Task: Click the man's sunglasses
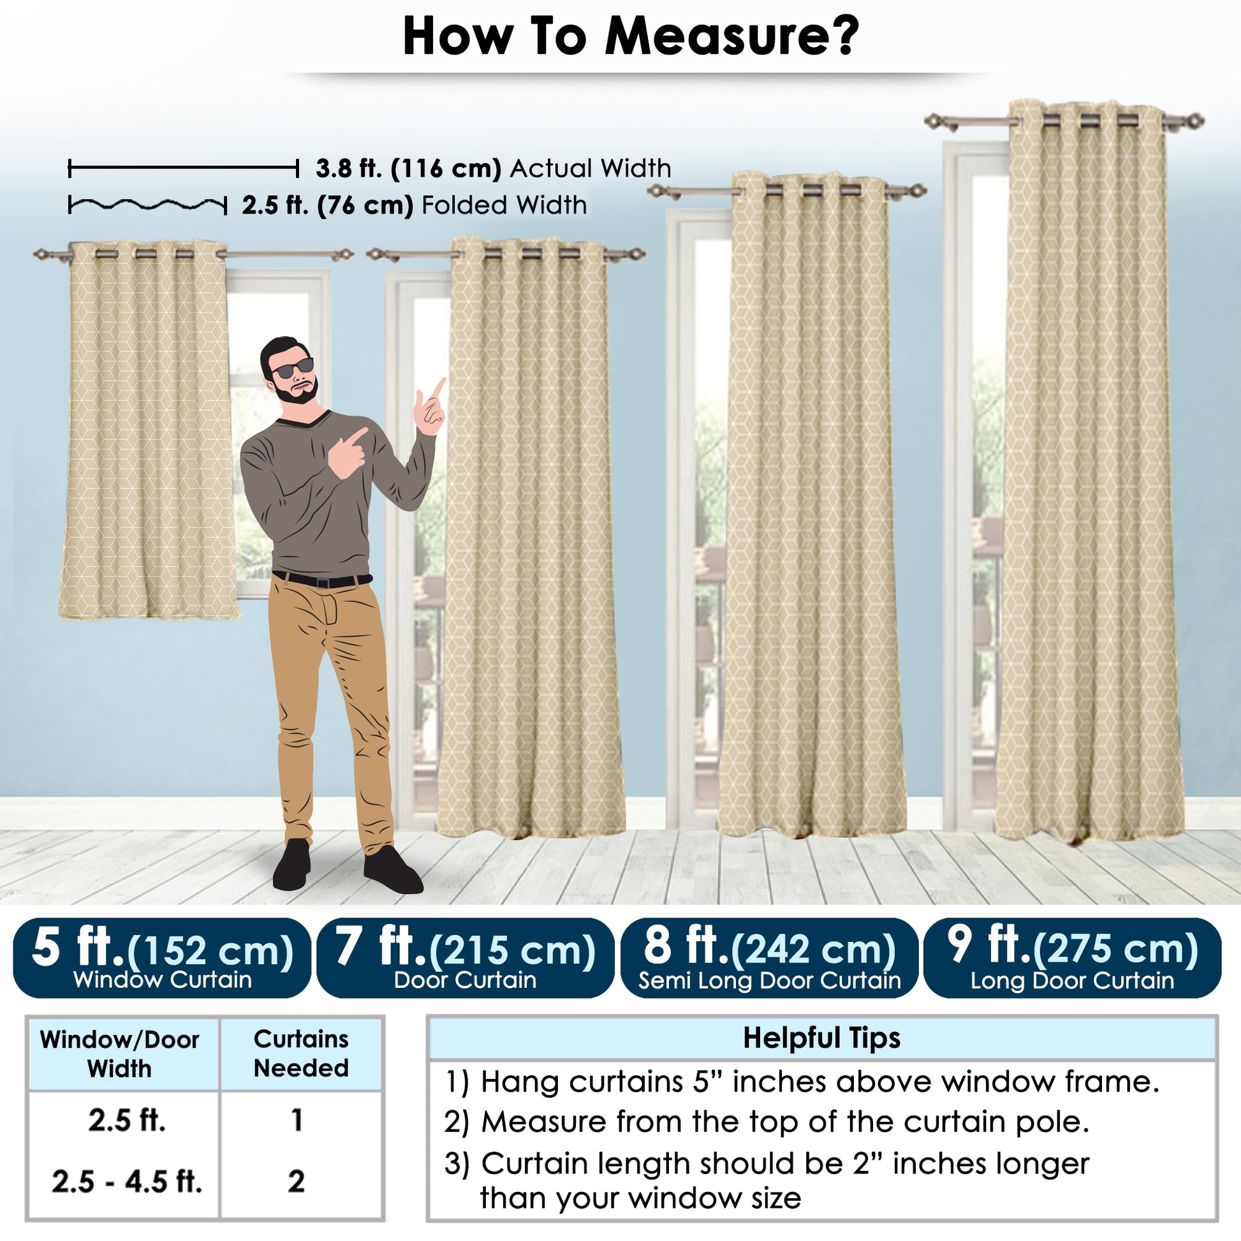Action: (x=292, y=369)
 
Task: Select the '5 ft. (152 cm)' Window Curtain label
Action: (x=162, y=957)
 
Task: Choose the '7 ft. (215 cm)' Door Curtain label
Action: (x=465, y=957)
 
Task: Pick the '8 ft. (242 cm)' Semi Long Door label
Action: (x=769, y=957)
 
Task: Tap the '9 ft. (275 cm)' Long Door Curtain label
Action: (x=1072, y=957)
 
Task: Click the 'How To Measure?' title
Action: (x=631, y=36)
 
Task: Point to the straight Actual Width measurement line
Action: (x=184, y=169)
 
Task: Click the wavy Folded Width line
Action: (x=147, y=205)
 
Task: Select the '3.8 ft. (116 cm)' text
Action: (x=409, y=168)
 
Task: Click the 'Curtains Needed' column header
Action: (x=300, y=1053)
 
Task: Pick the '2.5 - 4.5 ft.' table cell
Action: (x=126, y=1181)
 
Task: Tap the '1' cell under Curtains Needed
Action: (x=296, y=1120)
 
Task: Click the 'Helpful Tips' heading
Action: (x=821, y=1038)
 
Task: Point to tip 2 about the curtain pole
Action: (x=767, y=1122)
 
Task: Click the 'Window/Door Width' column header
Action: (x=119, y=1054)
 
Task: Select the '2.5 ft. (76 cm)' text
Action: (x=328, y=205)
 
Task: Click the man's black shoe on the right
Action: (x=392, y=870)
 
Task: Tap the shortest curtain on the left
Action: (x=149, y=430)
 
